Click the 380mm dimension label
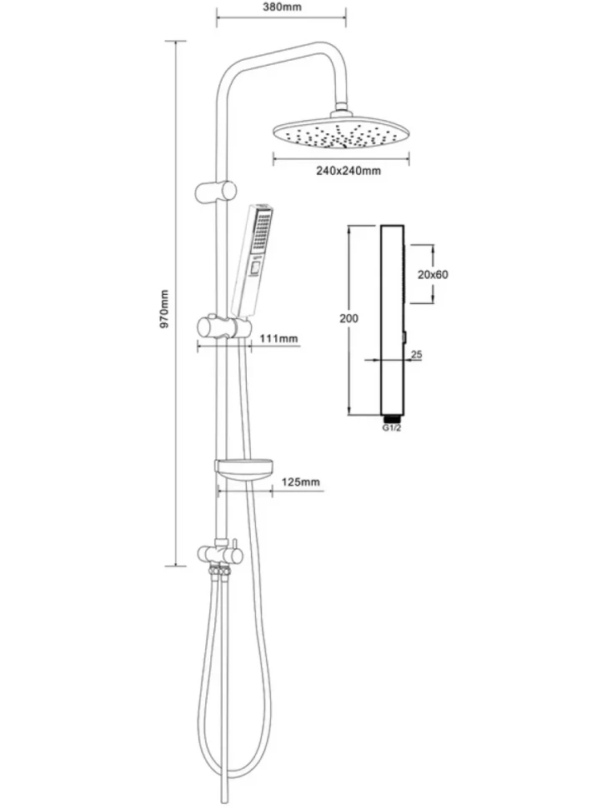[282, 7]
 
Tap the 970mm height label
[164, 309]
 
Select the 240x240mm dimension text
[349, 171]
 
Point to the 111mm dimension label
[279, 338]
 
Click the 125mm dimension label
[301, 481]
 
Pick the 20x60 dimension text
[433, 275]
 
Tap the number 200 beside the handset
[349, 318]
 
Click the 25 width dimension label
[417, 354]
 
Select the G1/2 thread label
[391, 428]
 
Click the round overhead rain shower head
[341, 133]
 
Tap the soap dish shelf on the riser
[243, 470]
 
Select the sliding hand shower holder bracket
[223, 327]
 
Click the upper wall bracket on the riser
[216, 192]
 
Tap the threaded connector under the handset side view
[391, 418]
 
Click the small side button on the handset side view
[404, 337]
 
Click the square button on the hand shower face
[254, 268]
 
